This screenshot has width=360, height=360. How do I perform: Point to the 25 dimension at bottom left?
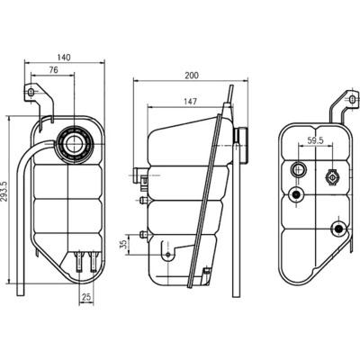pyautogui.click(x=87, y=296)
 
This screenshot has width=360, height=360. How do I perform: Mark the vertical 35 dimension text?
pyautogui.click(x=123, y=243)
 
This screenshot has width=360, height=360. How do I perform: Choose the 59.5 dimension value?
pyautogui.click(x=315, y=141)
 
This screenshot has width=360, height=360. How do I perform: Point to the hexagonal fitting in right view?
pyautogui.click(x=334, y=176)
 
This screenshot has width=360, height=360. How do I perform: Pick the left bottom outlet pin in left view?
pyautogui.click(x=80, y=262)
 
